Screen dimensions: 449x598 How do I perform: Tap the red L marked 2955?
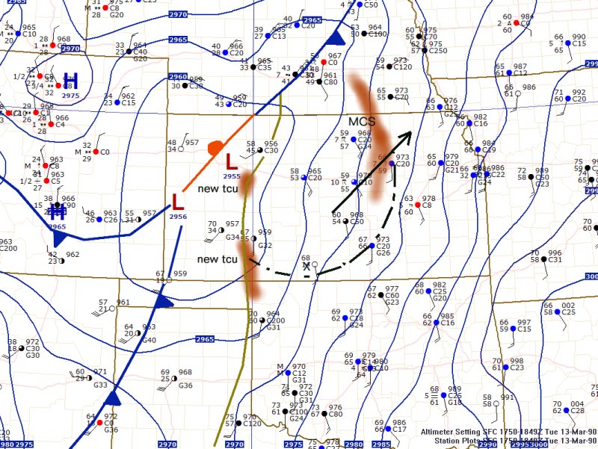point(232,161)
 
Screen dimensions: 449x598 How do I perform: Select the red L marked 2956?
point(178,202)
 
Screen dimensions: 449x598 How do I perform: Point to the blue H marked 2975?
point(71,81)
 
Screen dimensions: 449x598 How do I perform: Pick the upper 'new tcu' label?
point(218,189)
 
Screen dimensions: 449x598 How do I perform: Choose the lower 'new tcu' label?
point(218,259)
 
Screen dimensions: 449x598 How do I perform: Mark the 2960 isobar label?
point(178,77)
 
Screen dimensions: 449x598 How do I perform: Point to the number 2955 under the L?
point(232,176)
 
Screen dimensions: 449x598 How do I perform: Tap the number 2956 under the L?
point(178,217)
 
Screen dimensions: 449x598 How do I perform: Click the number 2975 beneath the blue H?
point(71,96)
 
